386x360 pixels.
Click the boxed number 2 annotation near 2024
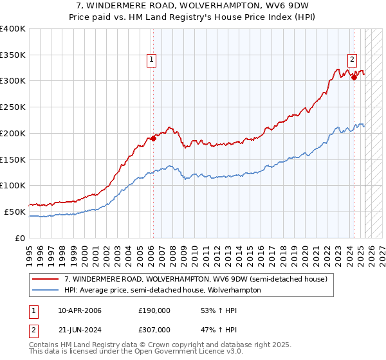tap(353, 60)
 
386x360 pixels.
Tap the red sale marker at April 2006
tap(154, 138)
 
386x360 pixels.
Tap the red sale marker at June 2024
tap(354, 77)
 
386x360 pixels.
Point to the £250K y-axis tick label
tap(13, 107)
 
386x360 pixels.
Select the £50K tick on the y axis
tap(15, 212)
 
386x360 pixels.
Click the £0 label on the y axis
tap(21, 238)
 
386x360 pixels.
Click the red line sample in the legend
tap(46, 279)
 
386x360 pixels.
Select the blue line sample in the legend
tap(46, 290)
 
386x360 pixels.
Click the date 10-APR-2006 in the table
tap(80, 310)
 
